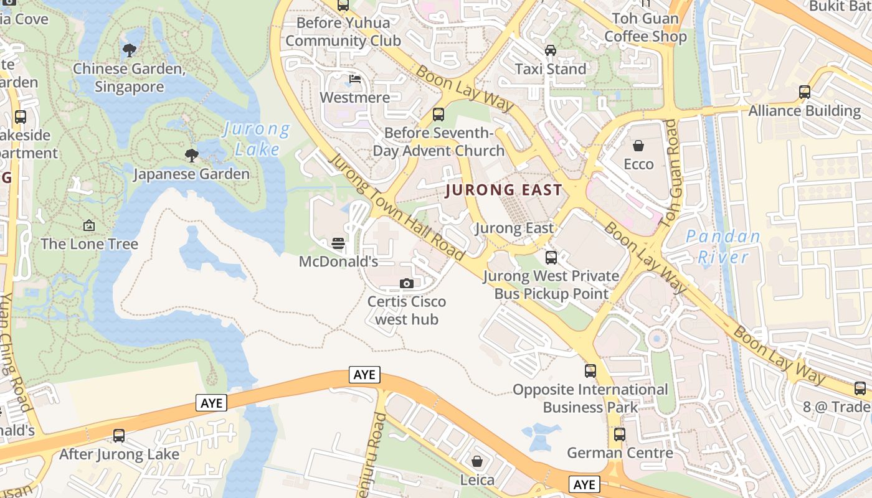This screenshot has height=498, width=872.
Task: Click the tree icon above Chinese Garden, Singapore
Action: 130,50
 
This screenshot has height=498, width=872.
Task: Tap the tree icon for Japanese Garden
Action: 192,155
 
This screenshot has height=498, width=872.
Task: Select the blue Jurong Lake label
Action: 257,139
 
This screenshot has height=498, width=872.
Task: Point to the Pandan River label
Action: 723,247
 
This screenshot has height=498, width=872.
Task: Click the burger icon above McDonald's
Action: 338,243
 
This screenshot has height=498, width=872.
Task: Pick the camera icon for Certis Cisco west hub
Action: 406,284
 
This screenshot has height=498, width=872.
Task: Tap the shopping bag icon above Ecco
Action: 638,146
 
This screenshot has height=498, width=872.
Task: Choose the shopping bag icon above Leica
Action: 477,461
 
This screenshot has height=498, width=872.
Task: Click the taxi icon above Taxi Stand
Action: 551,50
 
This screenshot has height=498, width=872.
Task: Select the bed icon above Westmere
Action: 355,79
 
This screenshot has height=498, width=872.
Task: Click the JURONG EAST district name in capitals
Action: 504,190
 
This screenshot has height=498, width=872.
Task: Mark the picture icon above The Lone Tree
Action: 89,225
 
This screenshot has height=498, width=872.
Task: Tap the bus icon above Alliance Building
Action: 805,92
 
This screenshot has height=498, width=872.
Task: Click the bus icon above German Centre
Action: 619,434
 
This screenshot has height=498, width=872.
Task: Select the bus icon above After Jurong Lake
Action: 119,436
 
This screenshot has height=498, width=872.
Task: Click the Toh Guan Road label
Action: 671,164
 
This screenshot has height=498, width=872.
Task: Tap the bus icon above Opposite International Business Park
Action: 590,371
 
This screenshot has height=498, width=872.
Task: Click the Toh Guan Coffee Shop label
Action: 645,27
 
